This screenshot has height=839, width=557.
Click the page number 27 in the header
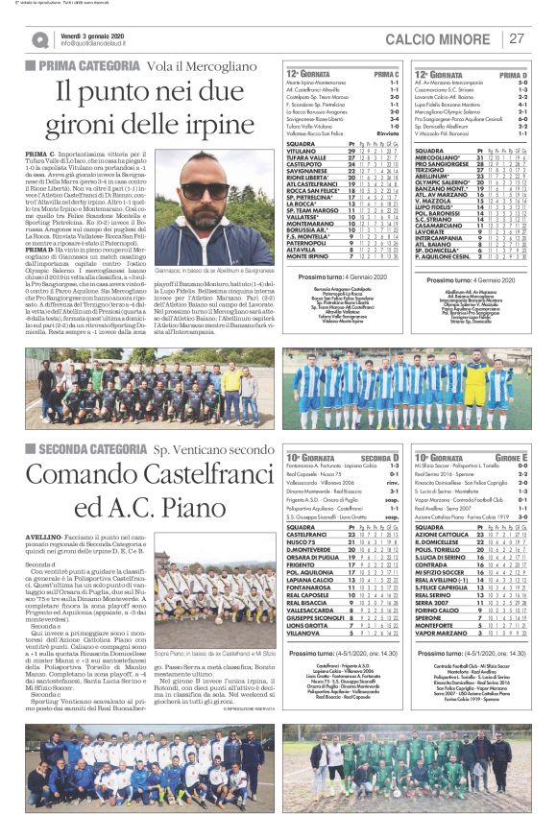(x=517, y=37)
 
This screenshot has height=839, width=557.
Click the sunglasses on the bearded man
(x=206, y=188)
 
